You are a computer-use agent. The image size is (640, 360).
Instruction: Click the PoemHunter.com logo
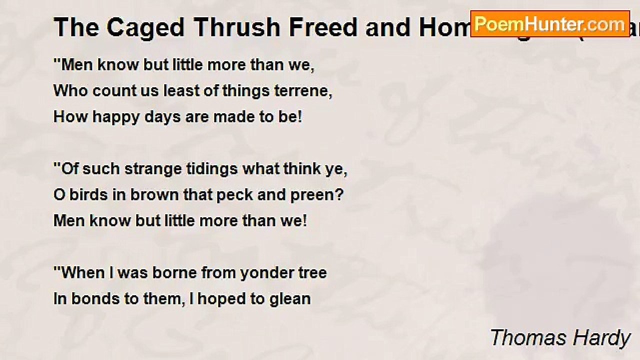550,24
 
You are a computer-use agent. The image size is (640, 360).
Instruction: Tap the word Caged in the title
144,28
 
